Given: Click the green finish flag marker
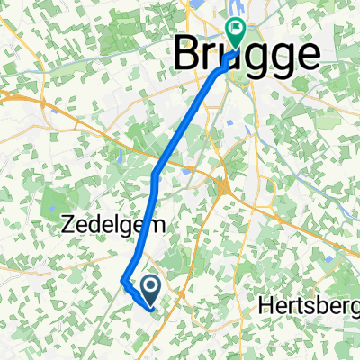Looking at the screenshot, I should point(237,31).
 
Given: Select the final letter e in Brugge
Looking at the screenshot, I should point(306,56).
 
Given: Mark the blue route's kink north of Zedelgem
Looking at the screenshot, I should point(156,173).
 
